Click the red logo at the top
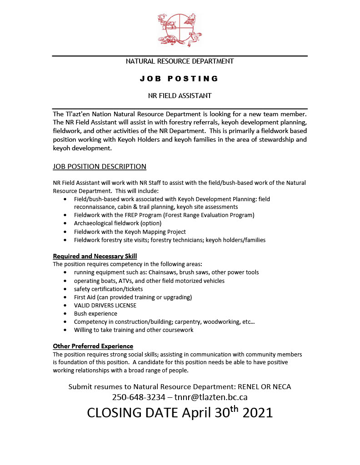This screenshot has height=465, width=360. (180, 30)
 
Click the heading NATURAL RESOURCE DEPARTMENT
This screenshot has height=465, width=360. (180, 61)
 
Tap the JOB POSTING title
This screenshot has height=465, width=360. (180, 79)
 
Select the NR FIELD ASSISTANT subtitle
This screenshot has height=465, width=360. (180, 96)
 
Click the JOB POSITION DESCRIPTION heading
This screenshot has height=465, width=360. (100, 166)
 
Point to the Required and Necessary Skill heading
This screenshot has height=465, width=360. (95, 256)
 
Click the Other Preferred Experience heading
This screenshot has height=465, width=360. (93, 346)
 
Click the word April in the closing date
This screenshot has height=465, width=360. (199, 413)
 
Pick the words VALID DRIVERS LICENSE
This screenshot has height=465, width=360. (105, 306)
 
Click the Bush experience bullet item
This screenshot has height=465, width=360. (95, 314)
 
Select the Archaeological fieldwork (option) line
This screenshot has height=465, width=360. (118, 223)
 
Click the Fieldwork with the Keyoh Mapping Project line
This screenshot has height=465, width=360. (130, 232)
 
